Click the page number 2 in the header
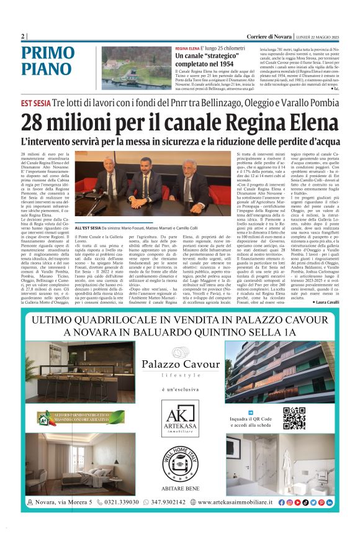pyautogui.click(x=23, y=36)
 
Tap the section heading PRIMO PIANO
pyautogui.click(x=47, y=61)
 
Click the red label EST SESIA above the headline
pyautogui.click(x=35, y=103)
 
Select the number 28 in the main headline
pyautogui.click(x=35, y=124)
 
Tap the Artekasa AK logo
pyautogui.click(x=179, y=420)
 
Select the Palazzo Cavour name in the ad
pyautogui.click(x=179, y=364)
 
